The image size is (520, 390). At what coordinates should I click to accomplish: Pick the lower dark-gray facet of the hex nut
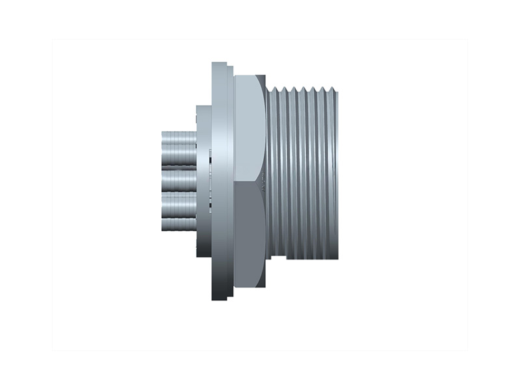pyautogui.click(x=248, y=234)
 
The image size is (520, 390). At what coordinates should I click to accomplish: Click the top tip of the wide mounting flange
pyautogui.click(x=219, y=64)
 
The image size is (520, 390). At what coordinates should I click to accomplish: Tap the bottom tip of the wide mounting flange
pyautogui.click(x=219, y=298)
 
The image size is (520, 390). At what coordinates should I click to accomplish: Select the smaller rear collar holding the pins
pyautogui.click(x=203, y=181)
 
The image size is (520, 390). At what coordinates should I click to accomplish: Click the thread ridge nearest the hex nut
pyautogui.click(x=273, y=172)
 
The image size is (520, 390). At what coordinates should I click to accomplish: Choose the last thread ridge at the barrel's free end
pyautogui.click(x=333, y=172)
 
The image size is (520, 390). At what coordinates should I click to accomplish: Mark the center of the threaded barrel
pyautogui.click(x=302, y=172)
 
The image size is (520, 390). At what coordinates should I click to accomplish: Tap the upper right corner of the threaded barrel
pyautogui.click(x=337, y=87)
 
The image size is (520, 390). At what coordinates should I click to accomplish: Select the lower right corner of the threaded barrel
pyautogui.click(x=337, y=257)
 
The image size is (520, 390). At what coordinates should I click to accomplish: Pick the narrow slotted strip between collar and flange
pyautogui.click(x=211, y=181)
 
